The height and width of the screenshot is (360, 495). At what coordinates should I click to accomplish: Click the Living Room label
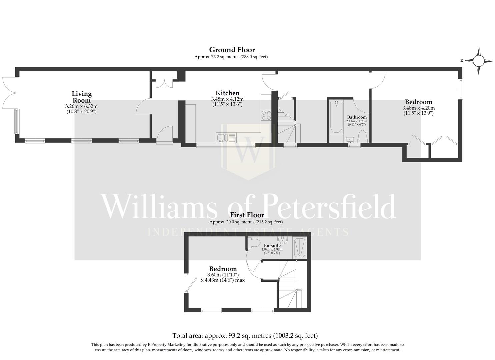pyautogui.click(x=82, y=97)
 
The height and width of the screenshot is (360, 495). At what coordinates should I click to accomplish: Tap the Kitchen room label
pyautogui.click(x=227, y=93)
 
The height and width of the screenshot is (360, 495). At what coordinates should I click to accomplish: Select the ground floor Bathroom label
pyautogui.click(x=357, y=117)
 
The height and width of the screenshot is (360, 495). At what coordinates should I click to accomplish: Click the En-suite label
pyautogui.click(x=272, y=246)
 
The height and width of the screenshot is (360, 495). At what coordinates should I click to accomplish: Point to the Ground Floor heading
pyautogui.click(x=232, y=50)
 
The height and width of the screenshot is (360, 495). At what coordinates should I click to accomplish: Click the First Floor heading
pyautogui.click(x=247, y=215)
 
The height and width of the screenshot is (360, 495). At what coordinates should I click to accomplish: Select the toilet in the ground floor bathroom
pyautogui.click(x=362, y=137)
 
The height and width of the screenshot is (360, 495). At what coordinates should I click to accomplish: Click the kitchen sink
pyautogui.click(x=222, y=137)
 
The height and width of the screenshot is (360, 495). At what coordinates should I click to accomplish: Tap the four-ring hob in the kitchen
pyautogui.click(x=266, y=115)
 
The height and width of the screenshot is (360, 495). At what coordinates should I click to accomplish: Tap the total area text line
pyautogui.click(x=245, y=336)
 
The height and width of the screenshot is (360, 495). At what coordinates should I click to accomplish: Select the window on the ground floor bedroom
pyautogui.click(x=460, y=89)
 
